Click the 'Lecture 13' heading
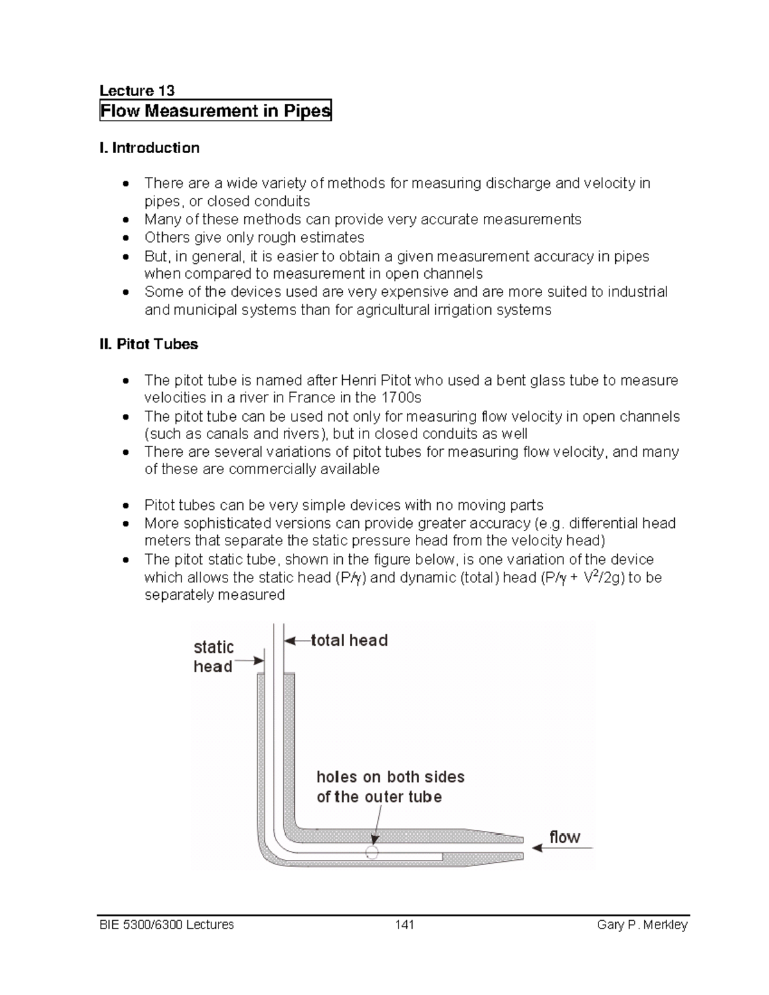(136, 90)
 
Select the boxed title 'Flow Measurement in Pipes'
(215, 111)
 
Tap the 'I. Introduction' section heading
(149, 148)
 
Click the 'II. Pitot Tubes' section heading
(149, 345)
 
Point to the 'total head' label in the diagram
(349, 640)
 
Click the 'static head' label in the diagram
(213, 657)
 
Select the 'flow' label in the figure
(565, 837)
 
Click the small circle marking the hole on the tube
(372, 852)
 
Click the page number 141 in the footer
(404, 925)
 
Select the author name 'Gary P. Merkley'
(642, 925)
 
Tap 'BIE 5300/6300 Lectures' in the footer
(167, 925)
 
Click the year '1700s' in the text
(401, 397)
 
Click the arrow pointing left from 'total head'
(297, 640)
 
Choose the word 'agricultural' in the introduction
(392, 310)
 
